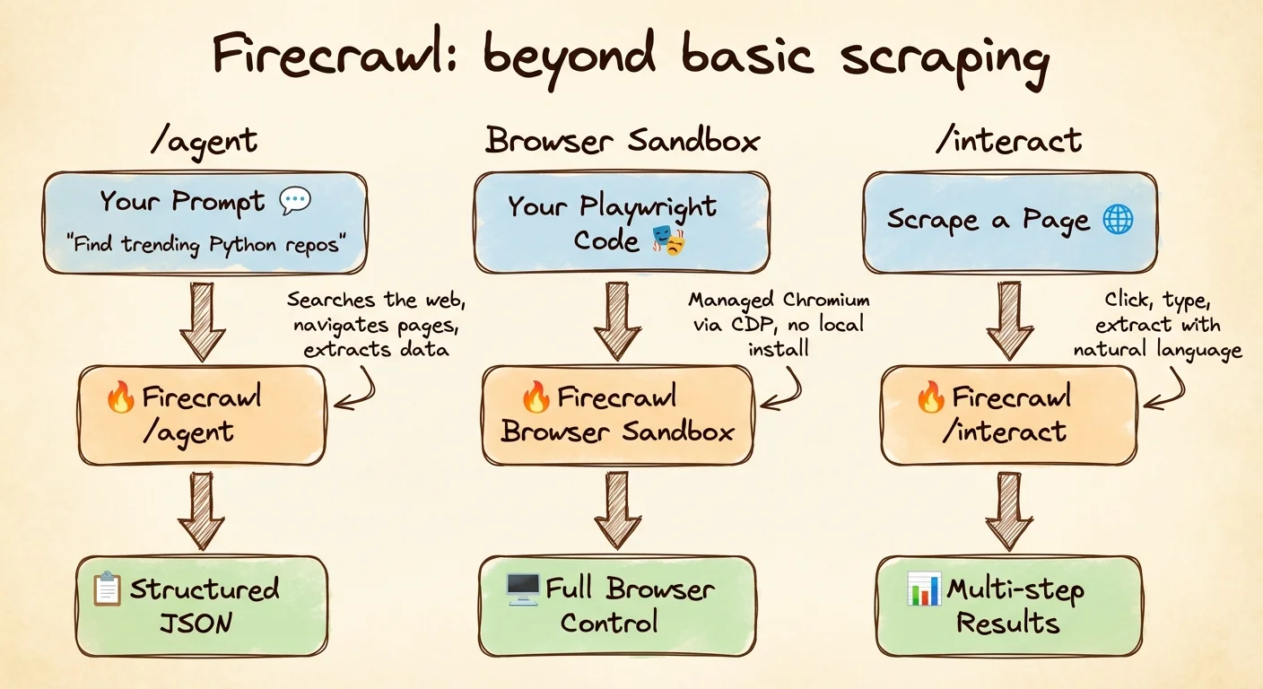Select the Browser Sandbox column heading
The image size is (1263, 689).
tap(623, 141)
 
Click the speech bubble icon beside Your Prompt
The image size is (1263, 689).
tap(295, 200)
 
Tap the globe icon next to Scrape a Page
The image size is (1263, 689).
tap(1118, 219)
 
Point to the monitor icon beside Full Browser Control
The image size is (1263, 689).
tap(522, 589)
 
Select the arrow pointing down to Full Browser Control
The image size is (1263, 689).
tap(617, 509)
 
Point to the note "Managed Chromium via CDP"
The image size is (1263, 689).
tap(777, 311)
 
